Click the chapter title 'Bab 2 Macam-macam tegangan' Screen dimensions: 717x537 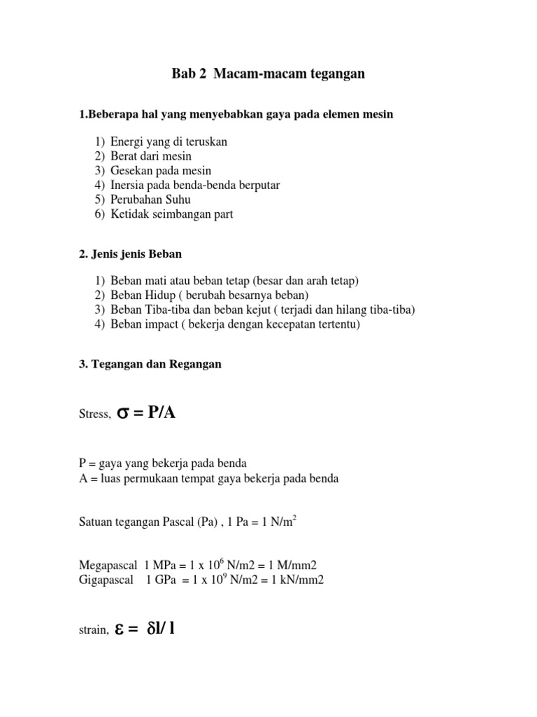[x=268, y=74]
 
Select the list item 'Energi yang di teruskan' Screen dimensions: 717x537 [x=169, y=141]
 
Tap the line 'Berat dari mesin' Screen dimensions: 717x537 [x=150, y=156]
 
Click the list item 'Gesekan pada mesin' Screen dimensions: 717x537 [x=161, y=171]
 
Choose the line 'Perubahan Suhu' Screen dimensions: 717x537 [x=150, y=200]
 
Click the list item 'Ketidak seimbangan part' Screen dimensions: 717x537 [x=171, y=215]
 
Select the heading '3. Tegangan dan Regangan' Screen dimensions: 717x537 [x=150, y=364]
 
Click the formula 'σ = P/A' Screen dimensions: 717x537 [x=145, y=413]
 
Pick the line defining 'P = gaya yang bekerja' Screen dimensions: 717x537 [x=162, y=464]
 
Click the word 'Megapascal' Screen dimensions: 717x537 [x=108, y=565]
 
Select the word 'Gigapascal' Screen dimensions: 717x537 [x=106, y=580]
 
